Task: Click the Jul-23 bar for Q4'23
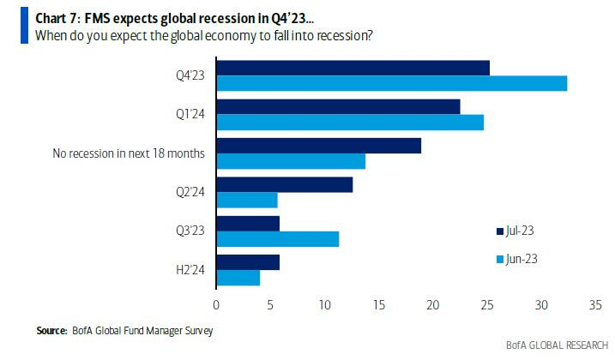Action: pos(353,68)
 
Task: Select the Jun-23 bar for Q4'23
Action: pos(391,83)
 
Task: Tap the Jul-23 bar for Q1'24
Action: pos(338,106)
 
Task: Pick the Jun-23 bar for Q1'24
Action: pos(350,122)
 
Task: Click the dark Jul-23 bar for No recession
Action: pos(318,145)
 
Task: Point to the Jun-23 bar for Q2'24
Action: pos(247,200)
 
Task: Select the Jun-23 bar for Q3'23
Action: pos(277,238)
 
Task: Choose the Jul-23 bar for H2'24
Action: pos(248,262)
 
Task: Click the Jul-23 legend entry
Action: pos(516,230)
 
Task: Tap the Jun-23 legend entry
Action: pos(516,257)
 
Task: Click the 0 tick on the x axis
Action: pos(216,303)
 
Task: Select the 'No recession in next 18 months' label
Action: pos(129,153)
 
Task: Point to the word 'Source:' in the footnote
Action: pos(52,330)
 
